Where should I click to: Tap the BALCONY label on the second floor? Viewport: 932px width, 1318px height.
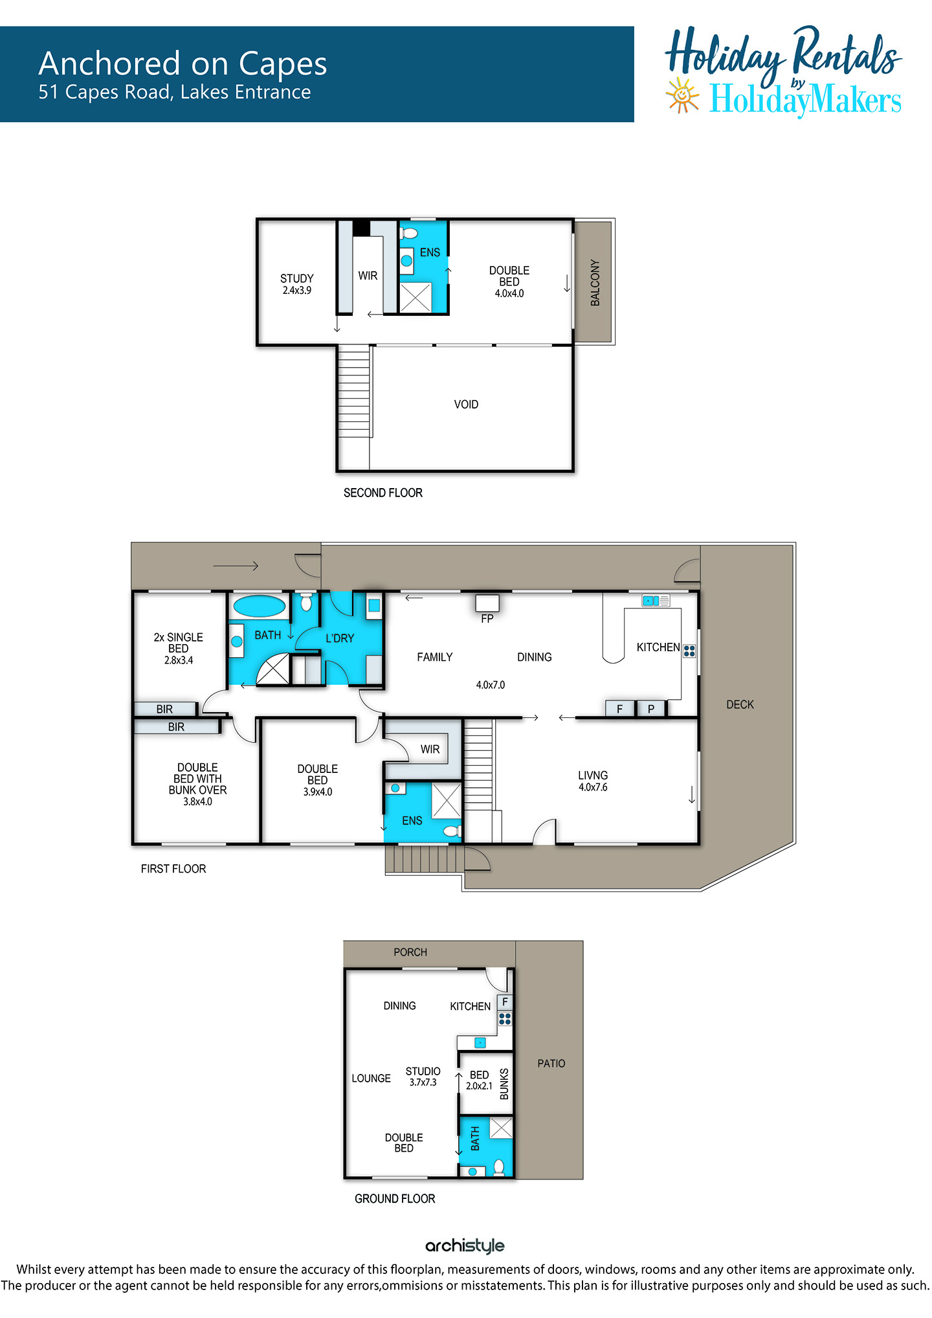[x=595, y=282]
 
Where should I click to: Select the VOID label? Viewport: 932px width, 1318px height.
[x=466, y=405]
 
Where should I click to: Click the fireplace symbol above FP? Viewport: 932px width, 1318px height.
[x=487, y=603]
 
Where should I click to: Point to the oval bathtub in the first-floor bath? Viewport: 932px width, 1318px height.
[x=259, y=607]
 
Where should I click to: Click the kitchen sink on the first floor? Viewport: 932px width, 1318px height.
[x=656, y=601]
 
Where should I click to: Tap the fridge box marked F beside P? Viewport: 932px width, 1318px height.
[x=619, y=709]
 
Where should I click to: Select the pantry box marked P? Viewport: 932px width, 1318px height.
[x=651, y=709]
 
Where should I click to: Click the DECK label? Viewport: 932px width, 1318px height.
[x=740, y=704]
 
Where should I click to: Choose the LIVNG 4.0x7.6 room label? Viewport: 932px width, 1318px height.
[x=593, y=781]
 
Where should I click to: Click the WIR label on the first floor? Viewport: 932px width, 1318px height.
[x=430, y=749]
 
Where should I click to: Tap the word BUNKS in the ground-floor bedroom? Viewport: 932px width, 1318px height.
[x=504, y=1084]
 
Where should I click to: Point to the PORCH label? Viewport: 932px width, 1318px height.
[x=410, y=952]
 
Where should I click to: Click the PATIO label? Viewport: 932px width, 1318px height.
[x=551, y=1064]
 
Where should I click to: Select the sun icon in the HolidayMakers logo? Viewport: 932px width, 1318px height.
[x=682, y=96]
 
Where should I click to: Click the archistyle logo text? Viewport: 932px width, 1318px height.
[x=465, y=1245]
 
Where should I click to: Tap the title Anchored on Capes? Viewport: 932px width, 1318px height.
[x=183, y=63]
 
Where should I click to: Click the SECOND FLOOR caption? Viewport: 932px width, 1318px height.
[x=383, y=493]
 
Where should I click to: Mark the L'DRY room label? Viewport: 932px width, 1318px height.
[x=340, y=638]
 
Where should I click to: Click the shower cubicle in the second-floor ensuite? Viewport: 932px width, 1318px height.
[x=416, y=297]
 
